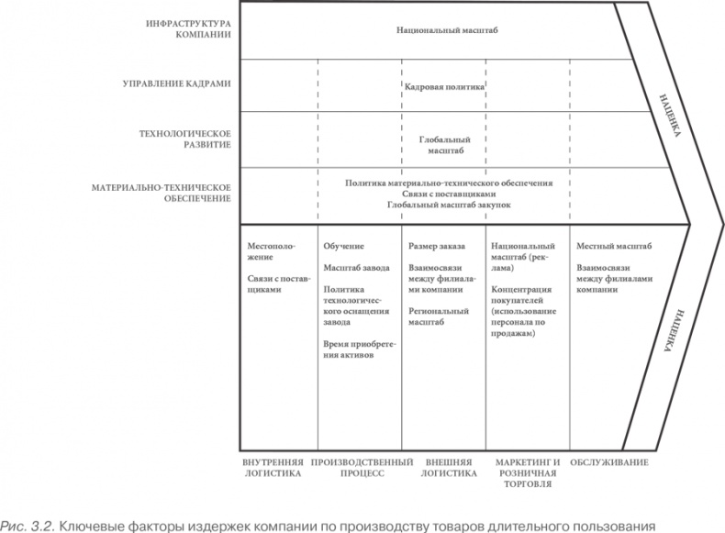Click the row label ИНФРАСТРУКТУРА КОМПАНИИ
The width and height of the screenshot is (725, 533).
click(x=188, y=28)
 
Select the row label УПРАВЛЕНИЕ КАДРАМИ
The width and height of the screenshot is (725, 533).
click(x=176, y=83)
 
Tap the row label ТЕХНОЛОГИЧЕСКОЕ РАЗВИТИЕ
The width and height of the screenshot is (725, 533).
click(x=185, y=139)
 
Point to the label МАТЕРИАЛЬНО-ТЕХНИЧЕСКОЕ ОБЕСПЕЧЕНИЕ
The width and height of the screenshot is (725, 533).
click(x=161, y=194)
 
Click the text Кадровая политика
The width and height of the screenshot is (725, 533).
click(x=444, y=86)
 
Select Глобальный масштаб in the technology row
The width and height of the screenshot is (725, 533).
click(x=445, y=145)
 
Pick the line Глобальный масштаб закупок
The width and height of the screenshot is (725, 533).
click(x=449, y=205)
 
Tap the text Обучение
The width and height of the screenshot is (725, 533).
click(x=343, y=246)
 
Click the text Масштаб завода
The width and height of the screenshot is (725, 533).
click(x=356, y=268)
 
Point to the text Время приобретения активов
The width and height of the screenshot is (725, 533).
click(x=360, y=350)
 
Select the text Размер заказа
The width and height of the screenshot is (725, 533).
click(x=437, y=246)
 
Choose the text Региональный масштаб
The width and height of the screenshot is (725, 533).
click(x=439, y=316)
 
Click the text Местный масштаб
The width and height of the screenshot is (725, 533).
click(x=614, y=246)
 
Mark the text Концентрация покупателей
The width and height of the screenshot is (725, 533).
click(x=521, y=294)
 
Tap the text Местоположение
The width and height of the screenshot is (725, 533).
click(x=271, y=251)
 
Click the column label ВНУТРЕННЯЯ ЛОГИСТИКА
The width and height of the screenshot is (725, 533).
click(x=273, y=468)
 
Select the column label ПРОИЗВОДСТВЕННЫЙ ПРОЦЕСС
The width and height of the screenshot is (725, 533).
click(x=362, y=468)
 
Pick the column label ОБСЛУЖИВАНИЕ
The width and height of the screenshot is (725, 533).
click(x=609, y=462)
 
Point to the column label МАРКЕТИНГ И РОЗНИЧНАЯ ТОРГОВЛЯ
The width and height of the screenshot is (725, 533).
click(x=528, y=473)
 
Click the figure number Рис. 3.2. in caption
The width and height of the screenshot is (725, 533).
click(x=28, y=526)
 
